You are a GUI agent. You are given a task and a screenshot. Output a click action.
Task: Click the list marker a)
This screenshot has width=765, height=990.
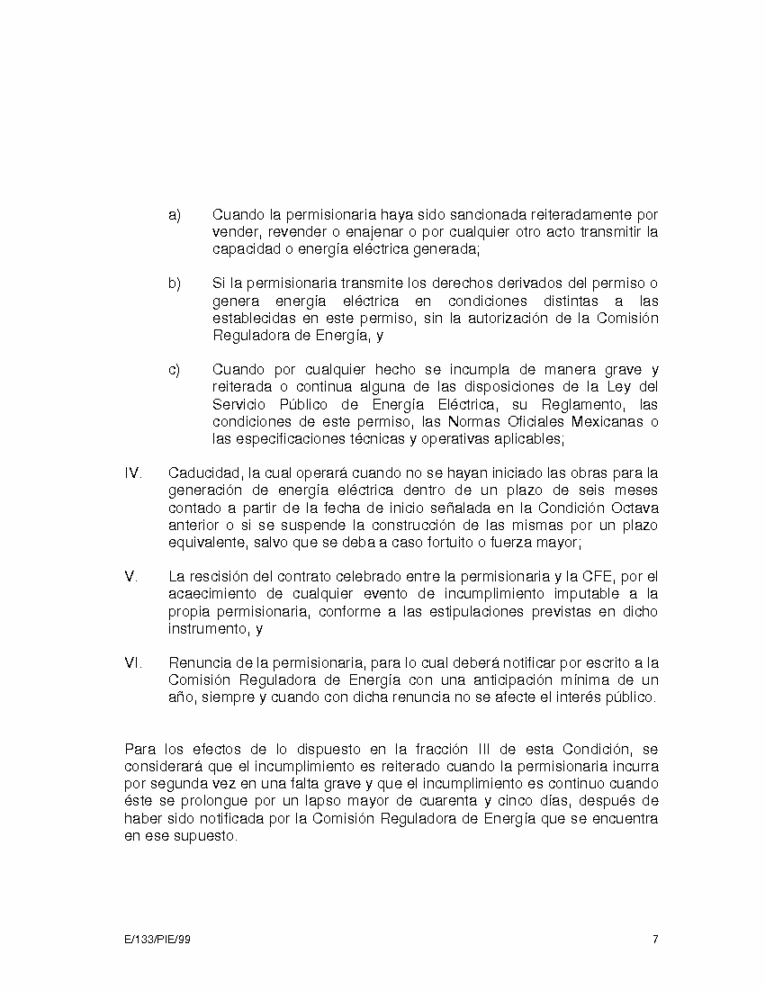tap(175, 215)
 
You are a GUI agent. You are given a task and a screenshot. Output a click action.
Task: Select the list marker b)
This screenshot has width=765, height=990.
tap(175, 284)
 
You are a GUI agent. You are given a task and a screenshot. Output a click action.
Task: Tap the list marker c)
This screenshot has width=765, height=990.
tap(175, 370)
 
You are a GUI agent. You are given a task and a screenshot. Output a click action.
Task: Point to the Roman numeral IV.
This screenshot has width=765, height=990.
tap(132, 473)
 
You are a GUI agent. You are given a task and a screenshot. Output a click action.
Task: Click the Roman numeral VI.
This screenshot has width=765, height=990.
tap(132, 663)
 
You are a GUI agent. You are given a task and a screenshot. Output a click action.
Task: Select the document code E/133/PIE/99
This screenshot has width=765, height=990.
tap(157, 940)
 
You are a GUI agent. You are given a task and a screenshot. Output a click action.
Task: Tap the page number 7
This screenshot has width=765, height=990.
tap(655, 940)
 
